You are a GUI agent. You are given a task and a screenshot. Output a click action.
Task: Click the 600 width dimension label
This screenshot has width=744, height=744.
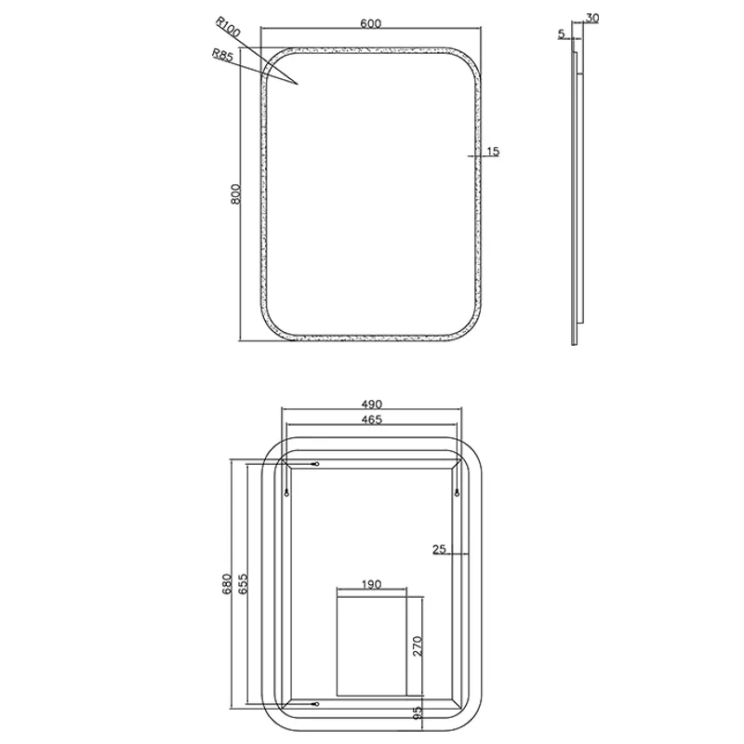coord(370,23)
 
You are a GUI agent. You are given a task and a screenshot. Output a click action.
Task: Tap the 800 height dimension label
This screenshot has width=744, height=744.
coord(236,194)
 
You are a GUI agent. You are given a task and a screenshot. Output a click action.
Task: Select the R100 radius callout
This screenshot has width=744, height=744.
coord(228,27)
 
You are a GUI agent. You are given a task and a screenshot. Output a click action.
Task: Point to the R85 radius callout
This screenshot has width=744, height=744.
coord(222,55)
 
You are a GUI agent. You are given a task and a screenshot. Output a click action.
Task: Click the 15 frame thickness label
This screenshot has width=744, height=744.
coord(493,152)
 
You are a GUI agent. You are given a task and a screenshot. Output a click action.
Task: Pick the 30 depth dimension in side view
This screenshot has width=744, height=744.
coord(592,18)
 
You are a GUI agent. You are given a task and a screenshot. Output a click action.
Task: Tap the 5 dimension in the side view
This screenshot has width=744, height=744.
coord(562,34)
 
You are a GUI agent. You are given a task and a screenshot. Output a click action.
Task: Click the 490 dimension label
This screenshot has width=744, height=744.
coord(371,405)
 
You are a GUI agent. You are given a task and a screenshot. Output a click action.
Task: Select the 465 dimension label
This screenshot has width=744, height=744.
coord(371,419)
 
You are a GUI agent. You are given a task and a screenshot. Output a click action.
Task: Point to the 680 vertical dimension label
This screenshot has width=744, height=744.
coord(226,584)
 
